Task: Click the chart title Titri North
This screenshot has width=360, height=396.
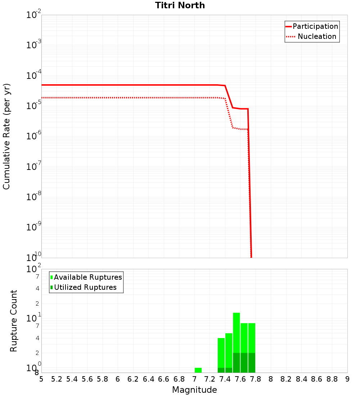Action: [x=180, y=5]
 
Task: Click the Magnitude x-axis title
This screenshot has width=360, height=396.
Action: [x=194, y=390]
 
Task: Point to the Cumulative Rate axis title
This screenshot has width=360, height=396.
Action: [x=6, y=136]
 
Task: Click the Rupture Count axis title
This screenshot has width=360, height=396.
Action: [x=14, y=320]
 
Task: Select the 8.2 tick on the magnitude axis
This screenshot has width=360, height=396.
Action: [x=286, y=379]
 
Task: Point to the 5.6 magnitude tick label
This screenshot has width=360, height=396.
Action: [x=87, y=379]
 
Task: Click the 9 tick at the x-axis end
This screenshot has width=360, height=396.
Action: [x=347, y=379]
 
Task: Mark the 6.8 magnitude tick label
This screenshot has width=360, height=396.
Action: [x=179, y=379]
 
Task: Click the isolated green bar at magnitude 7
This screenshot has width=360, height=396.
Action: [x=198, y=370]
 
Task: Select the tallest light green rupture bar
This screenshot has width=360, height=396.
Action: [x=237, y=331]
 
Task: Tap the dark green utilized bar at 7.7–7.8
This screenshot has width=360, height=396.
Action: [x=252, y=363]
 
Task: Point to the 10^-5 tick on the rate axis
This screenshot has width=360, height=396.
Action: [x=34, y=106]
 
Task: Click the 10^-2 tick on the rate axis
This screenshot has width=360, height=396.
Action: [x=34, y=15]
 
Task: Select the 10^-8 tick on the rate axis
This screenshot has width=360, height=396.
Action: [x=34, y=197]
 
